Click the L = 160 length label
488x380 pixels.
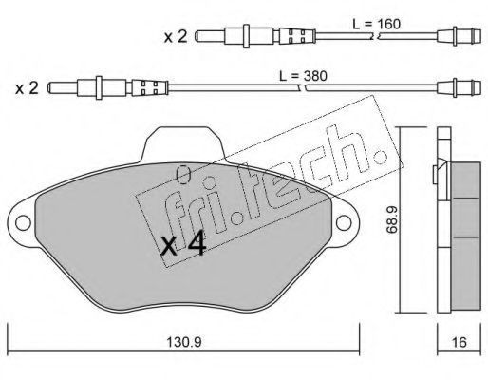tap(376, 24)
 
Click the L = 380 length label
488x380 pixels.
tap(303, 76)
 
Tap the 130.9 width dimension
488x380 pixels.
tap(184, 342)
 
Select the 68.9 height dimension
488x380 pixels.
tap(392, 220)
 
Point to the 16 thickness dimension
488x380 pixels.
tap(460, 342)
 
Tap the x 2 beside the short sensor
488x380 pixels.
tap(176, 37)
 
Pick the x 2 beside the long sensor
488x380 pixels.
tap(28, 87)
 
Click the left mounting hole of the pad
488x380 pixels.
tap(23, 222)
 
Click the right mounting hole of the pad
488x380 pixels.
tap(344, 222)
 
